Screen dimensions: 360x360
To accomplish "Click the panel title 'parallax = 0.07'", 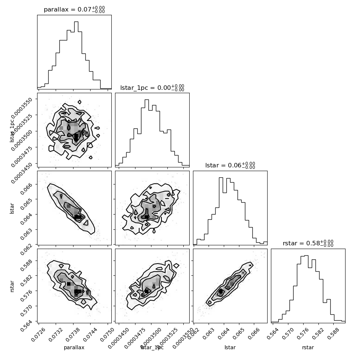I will pyautogui.click(x=74, y=10).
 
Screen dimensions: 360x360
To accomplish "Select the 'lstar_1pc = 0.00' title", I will pyautogui.click(x=152, y=88).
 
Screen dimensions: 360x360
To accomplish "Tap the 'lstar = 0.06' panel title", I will pyautogui.click(x=230, y=166).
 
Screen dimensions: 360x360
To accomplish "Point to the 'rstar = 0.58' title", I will pyautogui.click(x=308, y=243).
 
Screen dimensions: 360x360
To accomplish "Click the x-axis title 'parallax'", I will pyautogui.click(x=74, y=348).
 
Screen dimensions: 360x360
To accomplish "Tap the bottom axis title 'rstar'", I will pyautogui.click(x=308, y=348).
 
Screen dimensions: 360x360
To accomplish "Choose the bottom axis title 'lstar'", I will pyautogui.click(x=230, y=348).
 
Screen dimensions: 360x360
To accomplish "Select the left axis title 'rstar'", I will pyautogui.click(x=12, y=286).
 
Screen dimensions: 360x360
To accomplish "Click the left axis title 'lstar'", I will pyautogui.click(x=12, y=208).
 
